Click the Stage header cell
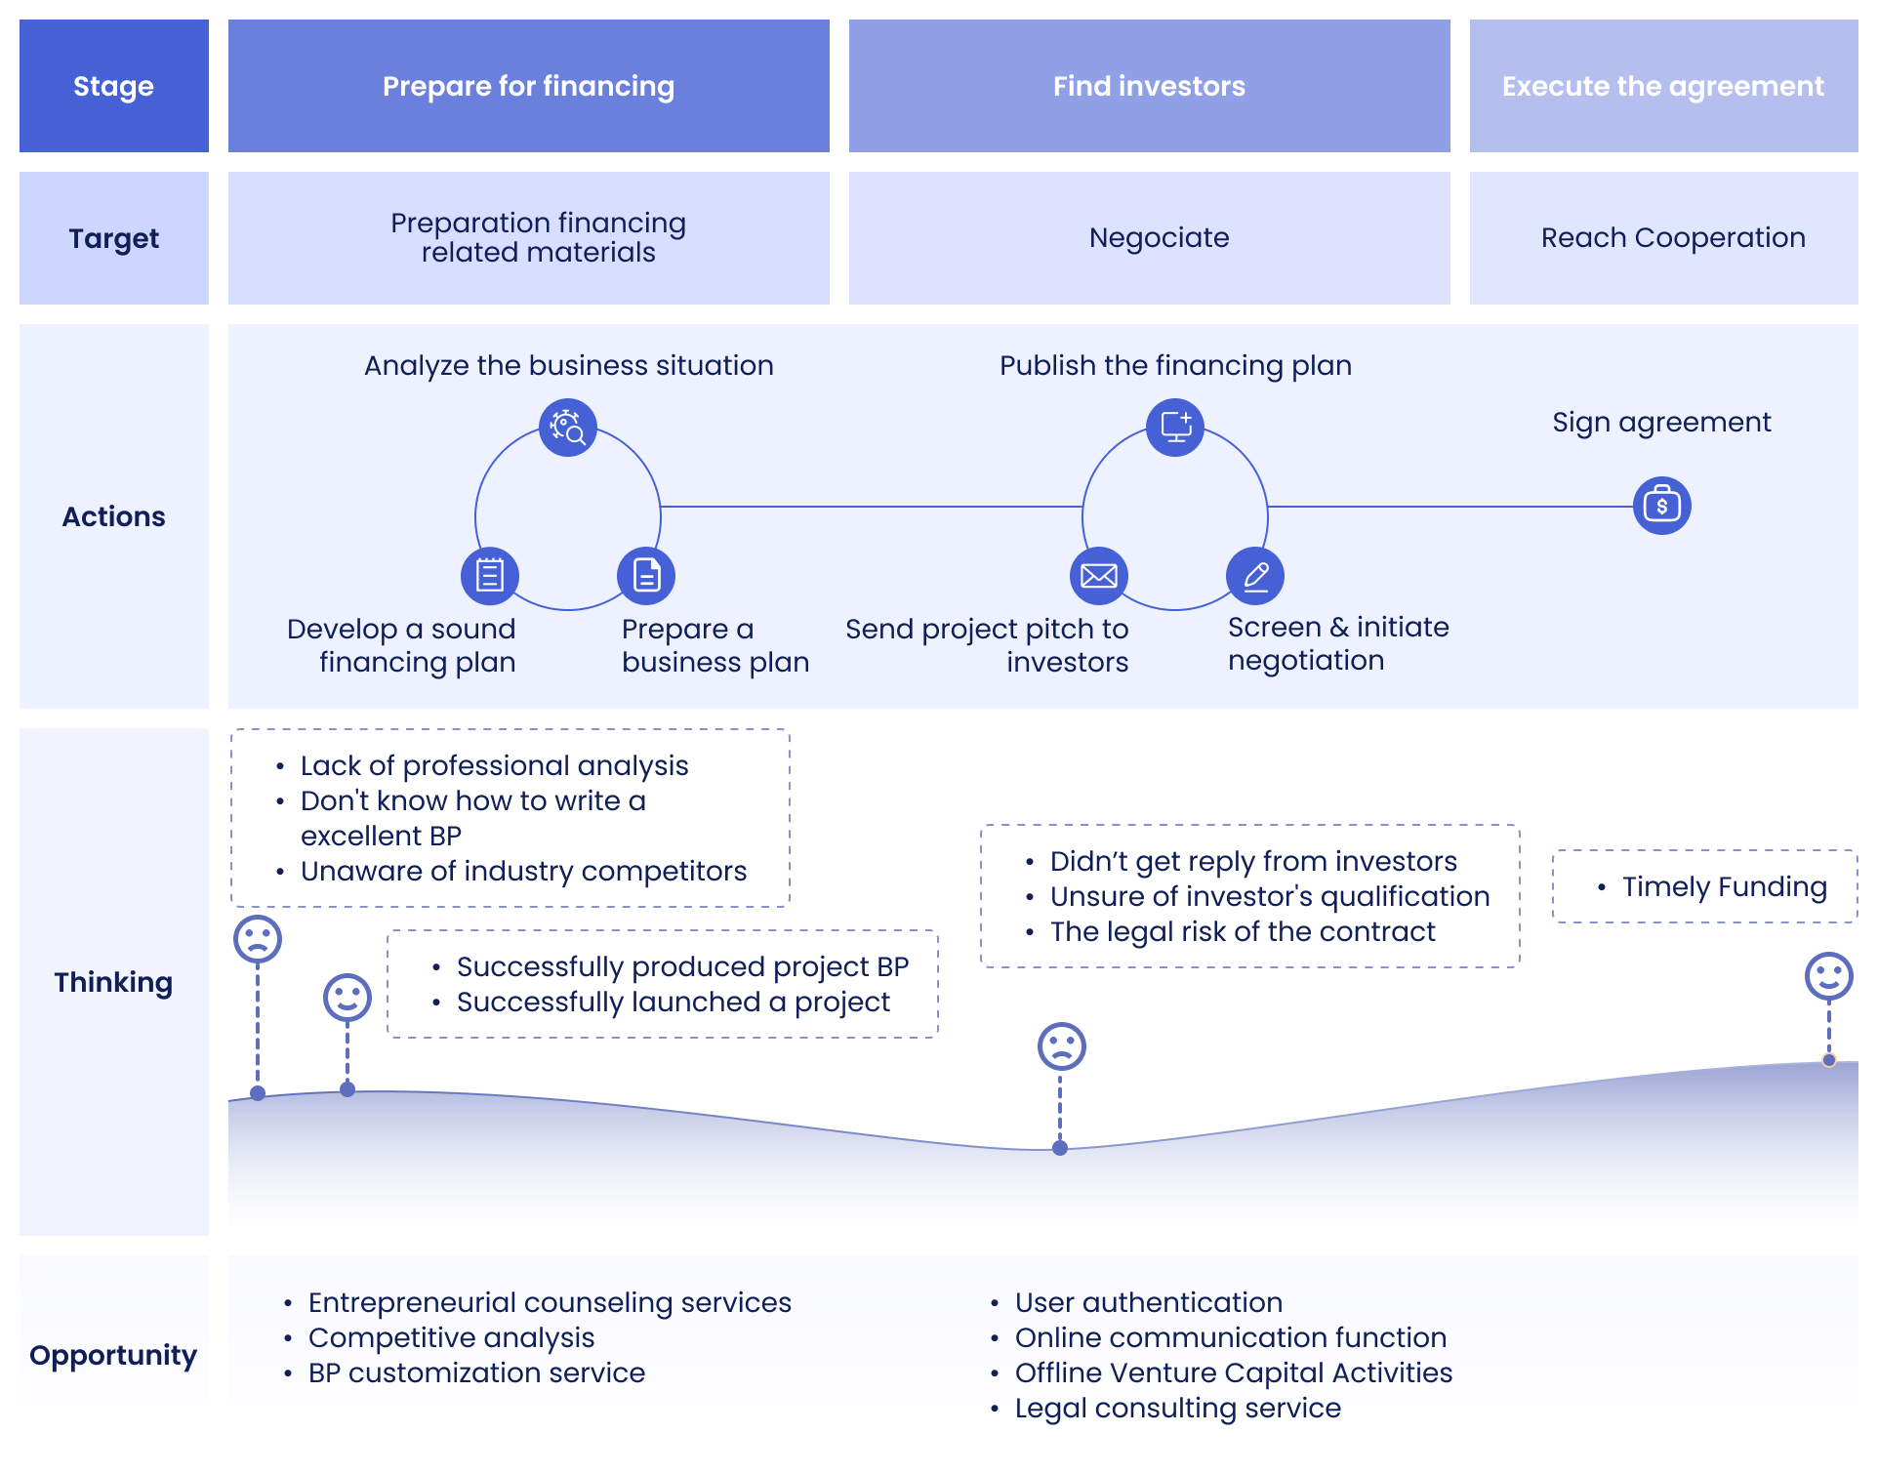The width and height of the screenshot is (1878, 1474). click(x=113, y=86)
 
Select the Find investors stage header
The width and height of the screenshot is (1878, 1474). click(x=1149, y=86)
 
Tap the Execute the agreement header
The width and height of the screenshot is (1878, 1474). click(x=1662, y=86)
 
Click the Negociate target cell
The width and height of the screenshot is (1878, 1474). click(x=1159, y=237)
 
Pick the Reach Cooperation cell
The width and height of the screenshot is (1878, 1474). click(x=1672, y=237)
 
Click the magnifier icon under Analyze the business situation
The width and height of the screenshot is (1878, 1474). click(x=568, y=428)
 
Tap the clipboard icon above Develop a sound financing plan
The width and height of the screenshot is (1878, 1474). click(x=489, y=575)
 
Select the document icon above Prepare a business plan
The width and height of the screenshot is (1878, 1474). click(x=646, y=575)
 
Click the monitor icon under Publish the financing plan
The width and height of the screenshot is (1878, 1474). click(x=1175, y=427)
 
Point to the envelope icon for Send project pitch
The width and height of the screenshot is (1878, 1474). click(x=1099, y=575)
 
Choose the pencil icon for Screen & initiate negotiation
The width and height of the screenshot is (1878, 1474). click(x=1255, y=575)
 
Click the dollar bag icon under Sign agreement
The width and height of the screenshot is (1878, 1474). click(x=1661, y=506)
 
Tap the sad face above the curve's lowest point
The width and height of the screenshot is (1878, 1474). click(x=1061, y=1046)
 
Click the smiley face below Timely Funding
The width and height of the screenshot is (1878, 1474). click(x=1828, y=976)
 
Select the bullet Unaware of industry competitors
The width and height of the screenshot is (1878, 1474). click(x=523, y=871)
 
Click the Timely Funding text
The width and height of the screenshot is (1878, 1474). click(x=1724, y=886)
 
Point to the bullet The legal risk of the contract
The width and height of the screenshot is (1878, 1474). click(x=1242, y=931)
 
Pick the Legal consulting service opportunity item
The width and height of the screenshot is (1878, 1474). click(x=1177, y=1408)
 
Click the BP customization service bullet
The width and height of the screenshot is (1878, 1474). click(x=476, y=1372)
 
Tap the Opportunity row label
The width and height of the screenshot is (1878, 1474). click(x=113, y=1355)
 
